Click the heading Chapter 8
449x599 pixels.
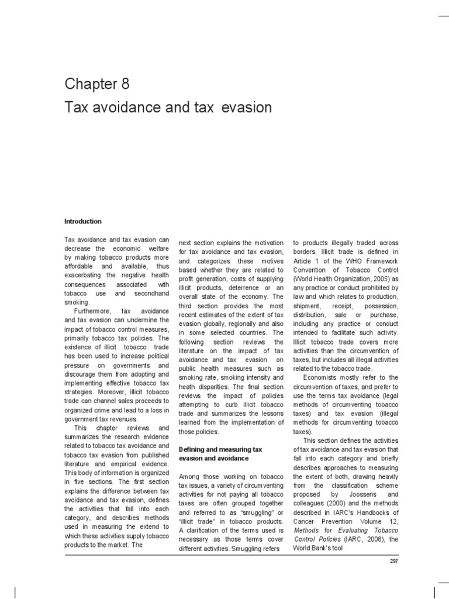coord(96,84)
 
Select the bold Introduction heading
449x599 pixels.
coord(82,222)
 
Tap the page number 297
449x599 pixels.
coord(393,562)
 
